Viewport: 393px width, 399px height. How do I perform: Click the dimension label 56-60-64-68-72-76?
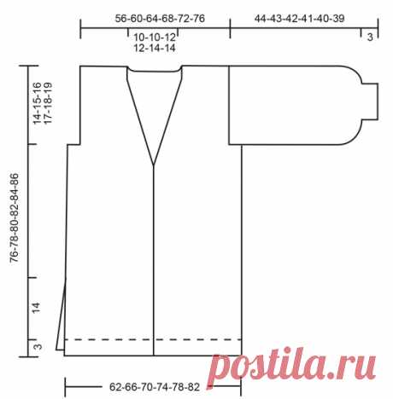[160, 19]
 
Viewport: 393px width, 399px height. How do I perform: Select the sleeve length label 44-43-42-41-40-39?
[299, 19]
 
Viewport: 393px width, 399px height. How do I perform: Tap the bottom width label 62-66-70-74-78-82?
[155, 387]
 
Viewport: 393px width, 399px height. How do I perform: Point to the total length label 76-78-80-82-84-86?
[15, 218]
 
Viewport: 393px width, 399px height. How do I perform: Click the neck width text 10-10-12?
[155, 37]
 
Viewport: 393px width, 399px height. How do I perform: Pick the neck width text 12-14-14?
[155, 48]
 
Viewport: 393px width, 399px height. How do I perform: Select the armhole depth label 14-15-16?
[37, 103]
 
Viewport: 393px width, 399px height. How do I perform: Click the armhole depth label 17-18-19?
[48, 103]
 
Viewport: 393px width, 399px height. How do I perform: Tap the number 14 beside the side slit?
[36, 308]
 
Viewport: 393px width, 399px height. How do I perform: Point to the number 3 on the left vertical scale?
[38, 347]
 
